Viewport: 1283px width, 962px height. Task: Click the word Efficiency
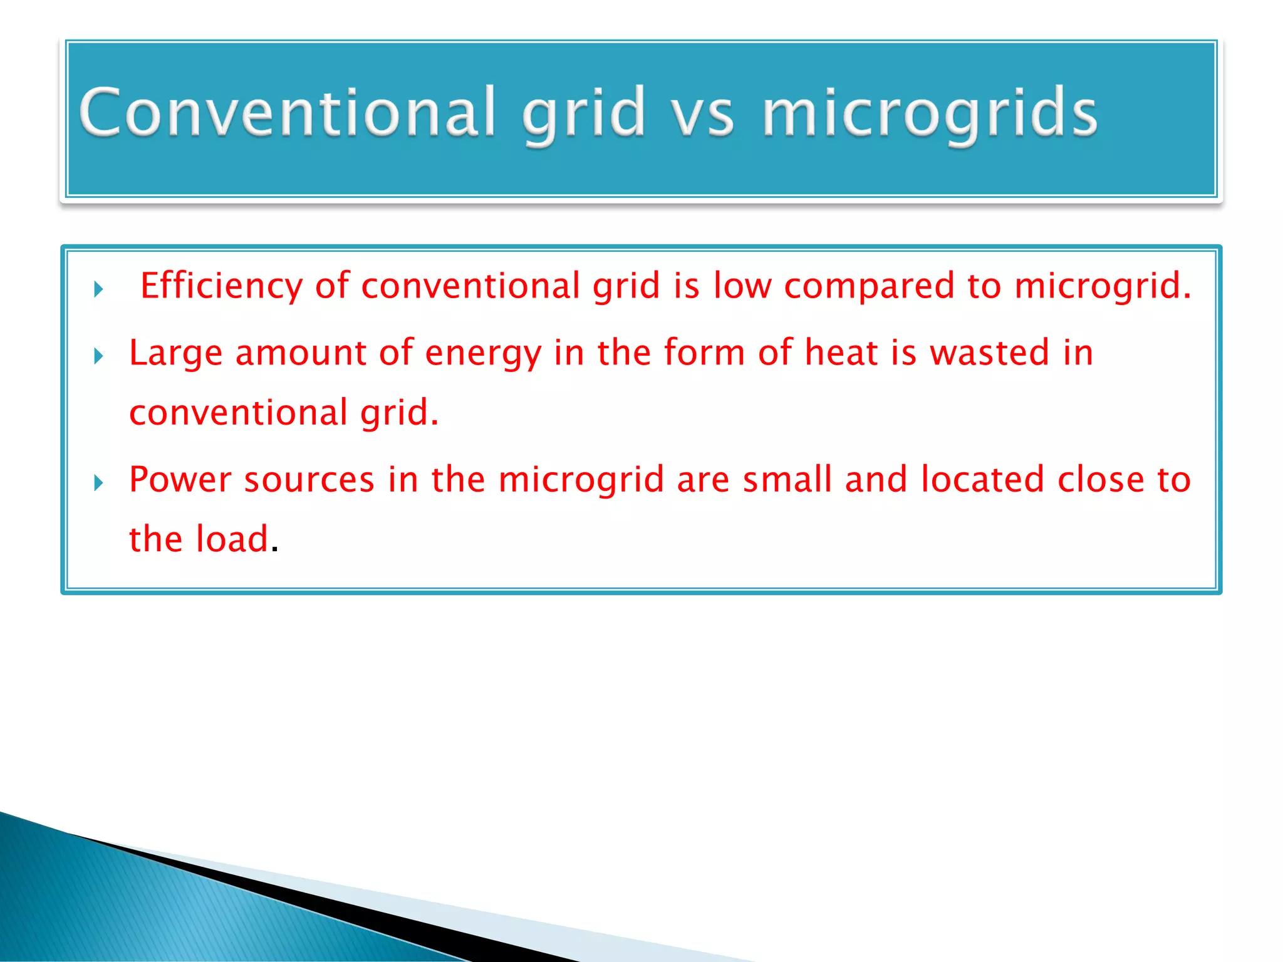tap(221, 286)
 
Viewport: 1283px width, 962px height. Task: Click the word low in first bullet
tap(742, 286)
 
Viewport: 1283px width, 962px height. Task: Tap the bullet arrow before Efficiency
tap(98, 289)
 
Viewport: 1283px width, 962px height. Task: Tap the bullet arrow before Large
tap(98, 356)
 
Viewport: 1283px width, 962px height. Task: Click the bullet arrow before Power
tap(98, 483)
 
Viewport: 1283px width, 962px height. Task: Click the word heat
tap(841, 353)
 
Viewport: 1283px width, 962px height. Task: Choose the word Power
tap(180, 480)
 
